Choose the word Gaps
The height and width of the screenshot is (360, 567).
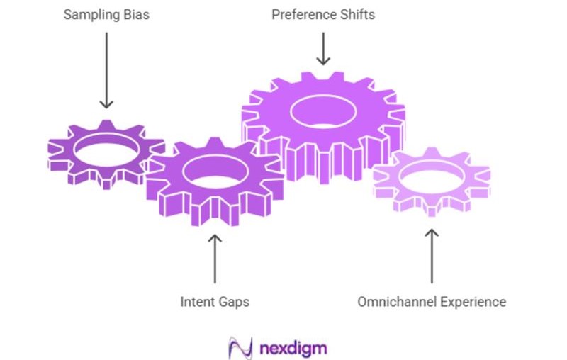[x=234, y=302]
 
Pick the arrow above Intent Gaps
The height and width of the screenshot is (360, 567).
[x=215, y=258]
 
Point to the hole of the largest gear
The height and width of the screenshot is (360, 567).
[x=324, y=111]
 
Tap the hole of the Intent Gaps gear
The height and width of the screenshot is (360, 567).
[x=215, y=172]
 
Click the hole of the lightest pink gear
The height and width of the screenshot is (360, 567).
[x=432, y=178]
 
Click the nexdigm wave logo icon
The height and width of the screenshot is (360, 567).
[x=239, y=347]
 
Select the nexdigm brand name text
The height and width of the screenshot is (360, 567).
[x=293, y=348]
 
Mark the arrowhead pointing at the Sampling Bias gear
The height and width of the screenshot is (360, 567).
[x=106, y=104]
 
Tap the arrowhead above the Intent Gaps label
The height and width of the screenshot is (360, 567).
[x=215, y=237]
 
